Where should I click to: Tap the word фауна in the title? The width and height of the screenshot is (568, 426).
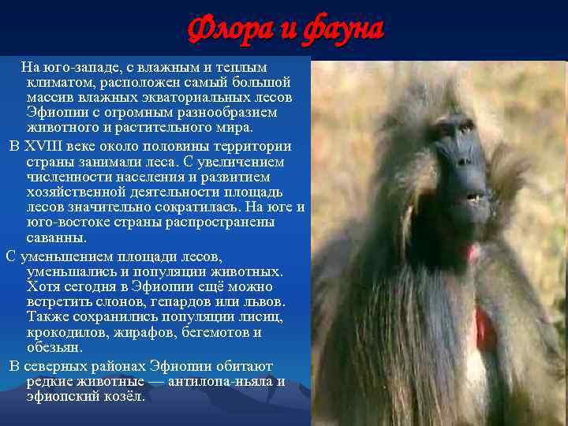(x=339, y=30)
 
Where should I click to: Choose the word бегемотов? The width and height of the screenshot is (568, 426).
(x=209, y=332)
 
